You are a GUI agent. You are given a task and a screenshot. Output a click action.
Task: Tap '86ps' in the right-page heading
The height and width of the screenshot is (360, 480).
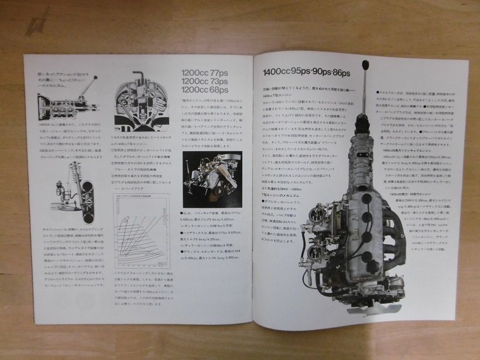point(341,73)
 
